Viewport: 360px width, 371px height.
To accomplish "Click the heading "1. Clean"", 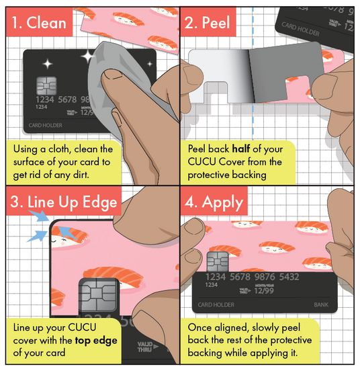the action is (39, 23).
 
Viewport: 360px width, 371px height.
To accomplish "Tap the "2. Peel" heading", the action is (207, 23).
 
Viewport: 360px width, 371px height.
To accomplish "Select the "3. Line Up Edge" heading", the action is (64, 202).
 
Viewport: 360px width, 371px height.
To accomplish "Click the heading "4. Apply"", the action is (214, 202).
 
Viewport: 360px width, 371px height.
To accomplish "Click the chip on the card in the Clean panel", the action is (46, 85).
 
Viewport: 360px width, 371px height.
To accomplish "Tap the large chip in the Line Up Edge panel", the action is (98, 295).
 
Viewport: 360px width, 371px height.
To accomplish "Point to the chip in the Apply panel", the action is (218, 261).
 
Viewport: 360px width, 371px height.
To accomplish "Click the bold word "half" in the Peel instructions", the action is (241, 149).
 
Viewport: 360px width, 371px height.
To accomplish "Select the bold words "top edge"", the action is (96, 340).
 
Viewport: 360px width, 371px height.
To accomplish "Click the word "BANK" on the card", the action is (321, 304).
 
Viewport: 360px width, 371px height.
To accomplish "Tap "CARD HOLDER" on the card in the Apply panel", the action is (216, 304).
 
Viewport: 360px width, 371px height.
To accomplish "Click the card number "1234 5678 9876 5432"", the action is (253, 277).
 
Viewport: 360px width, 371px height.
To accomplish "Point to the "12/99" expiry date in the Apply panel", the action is (264, 290).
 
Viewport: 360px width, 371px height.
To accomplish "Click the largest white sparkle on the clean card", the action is (88, 56).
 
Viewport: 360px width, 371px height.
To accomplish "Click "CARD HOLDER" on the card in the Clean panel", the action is (46, 125).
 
